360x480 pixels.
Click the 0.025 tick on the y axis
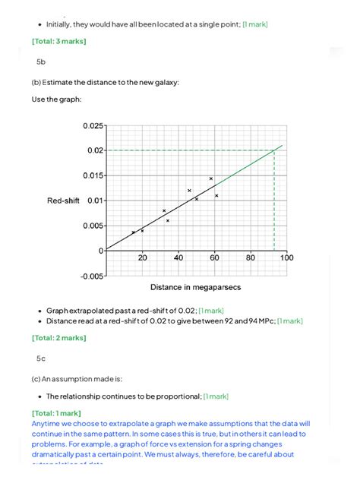point(88,126)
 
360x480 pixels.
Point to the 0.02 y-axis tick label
point(92,150)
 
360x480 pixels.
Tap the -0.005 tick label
point(88,276)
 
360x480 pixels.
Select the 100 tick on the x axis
point(286,258)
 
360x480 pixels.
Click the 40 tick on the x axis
point(178,258)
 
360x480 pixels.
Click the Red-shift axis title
point(63,201)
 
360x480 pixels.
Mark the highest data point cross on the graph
point(211,178)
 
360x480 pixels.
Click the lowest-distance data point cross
point(134,232)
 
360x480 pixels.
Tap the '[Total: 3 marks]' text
point(59,41)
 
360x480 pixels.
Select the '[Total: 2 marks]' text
point(59,336)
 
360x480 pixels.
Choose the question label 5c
point(41,357)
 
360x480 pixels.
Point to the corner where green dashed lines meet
point(274,150)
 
